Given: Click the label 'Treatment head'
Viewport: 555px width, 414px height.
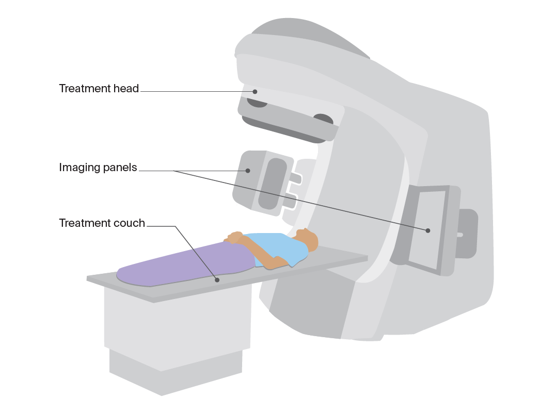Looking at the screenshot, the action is coord(99,88).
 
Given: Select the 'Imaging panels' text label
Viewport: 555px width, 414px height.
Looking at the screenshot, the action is coord(98,167).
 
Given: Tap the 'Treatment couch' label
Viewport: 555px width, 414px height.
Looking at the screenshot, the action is coord(102,223).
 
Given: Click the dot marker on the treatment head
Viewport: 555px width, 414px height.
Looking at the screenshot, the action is coord(255,92).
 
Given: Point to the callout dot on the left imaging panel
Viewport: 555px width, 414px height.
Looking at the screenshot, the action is coord(248,171).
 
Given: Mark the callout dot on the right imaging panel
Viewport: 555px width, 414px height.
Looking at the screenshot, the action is coord(428,230).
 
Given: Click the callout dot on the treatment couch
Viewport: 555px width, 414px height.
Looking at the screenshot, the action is coord(217,280).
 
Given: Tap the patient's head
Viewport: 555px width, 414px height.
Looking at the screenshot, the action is coord(307,240).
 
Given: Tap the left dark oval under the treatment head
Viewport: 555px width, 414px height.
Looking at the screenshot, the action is coord(257,103).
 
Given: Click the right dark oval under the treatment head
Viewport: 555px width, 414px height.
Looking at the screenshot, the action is coord(324,120).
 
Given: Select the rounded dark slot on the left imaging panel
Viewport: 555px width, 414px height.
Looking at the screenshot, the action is coord(272,184).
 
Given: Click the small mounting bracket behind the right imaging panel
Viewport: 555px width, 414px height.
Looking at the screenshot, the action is coord(467,234).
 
